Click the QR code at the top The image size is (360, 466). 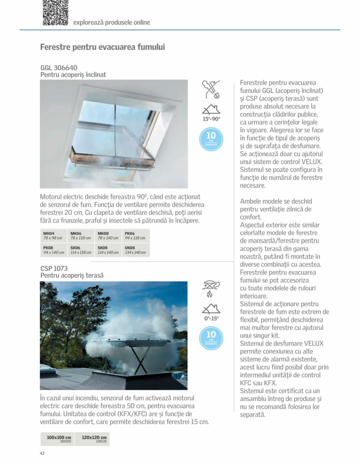(x=55, y=13)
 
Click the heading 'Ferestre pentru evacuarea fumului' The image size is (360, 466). (x=102, y=47)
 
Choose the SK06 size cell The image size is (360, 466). (x=81, y=250)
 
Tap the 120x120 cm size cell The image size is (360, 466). (x=94, y=439)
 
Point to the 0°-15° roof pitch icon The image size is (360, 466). (x=211, y=312)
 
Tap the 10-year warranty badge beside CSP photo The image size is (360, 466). (x=211, y=338)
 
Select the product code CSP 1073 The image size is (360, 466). (x=54, y=269)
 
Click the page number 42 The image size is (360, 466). (x=42, y=453)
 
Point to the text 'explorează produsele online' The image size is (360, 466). (x=112, y=23)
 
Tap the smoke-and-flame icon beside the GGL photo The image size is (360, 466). (x=211, y=89)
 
